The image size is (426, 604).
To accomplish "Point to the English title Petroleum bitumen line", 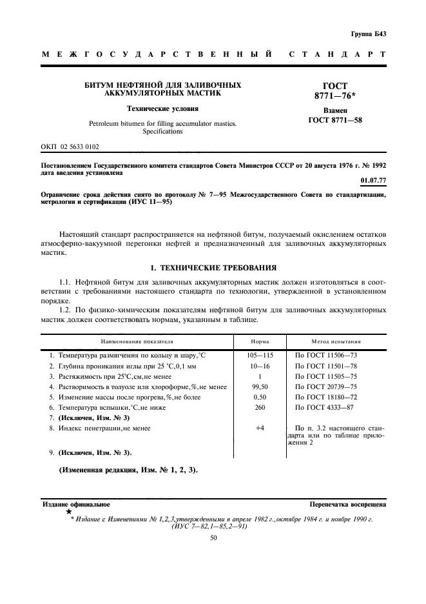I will click(x=163, y=123).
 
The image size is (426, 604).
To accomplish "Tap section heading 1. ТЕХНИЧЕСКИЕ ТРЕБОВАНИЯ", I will click(x=214, y=267).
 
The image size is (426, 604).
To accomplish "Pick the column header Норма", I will click(x=260, y=341).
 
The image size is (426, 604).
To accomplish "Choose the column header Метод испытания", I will click(x=336, y=341).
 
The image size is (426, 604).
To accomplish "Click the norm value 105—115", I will click(x=260, y=355).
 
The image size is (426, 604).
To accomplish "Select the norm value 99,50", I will click(x=260, y=387).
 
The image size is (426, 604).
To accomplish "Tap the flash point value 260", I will click(x=260, y=408).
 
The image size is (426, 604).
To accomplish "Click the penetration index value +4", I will click(x=260, y=428).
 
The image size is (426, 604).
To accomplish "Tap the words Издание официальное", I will click(x=76, y=503).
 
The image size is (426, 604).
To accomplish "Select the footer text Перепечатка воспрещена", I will click(x=347, y=503).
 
